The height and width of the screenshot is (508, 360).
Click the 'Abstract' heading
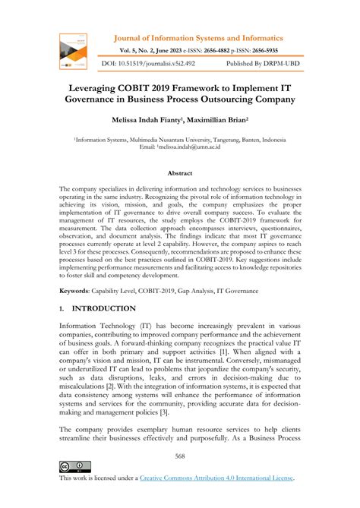[179, 173]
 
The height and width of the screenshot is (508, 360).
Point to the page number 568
[179, 456]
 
